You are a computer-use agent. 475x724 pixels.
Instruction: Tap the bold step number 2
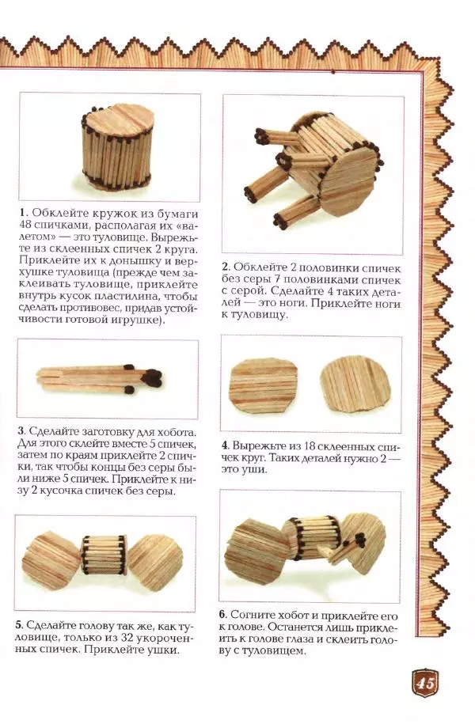tap(226, 267)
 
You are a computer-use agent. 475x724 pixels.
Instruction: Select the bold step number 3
tap(21, 432)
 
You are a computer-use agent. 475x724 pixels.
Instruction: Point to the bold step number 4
tap(226, 445)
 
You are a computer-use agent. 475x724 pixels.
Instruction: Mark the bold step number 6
tap(225, 614)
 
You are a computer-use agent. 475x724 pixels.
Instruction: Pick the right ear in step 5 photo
tap(156, 561)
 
